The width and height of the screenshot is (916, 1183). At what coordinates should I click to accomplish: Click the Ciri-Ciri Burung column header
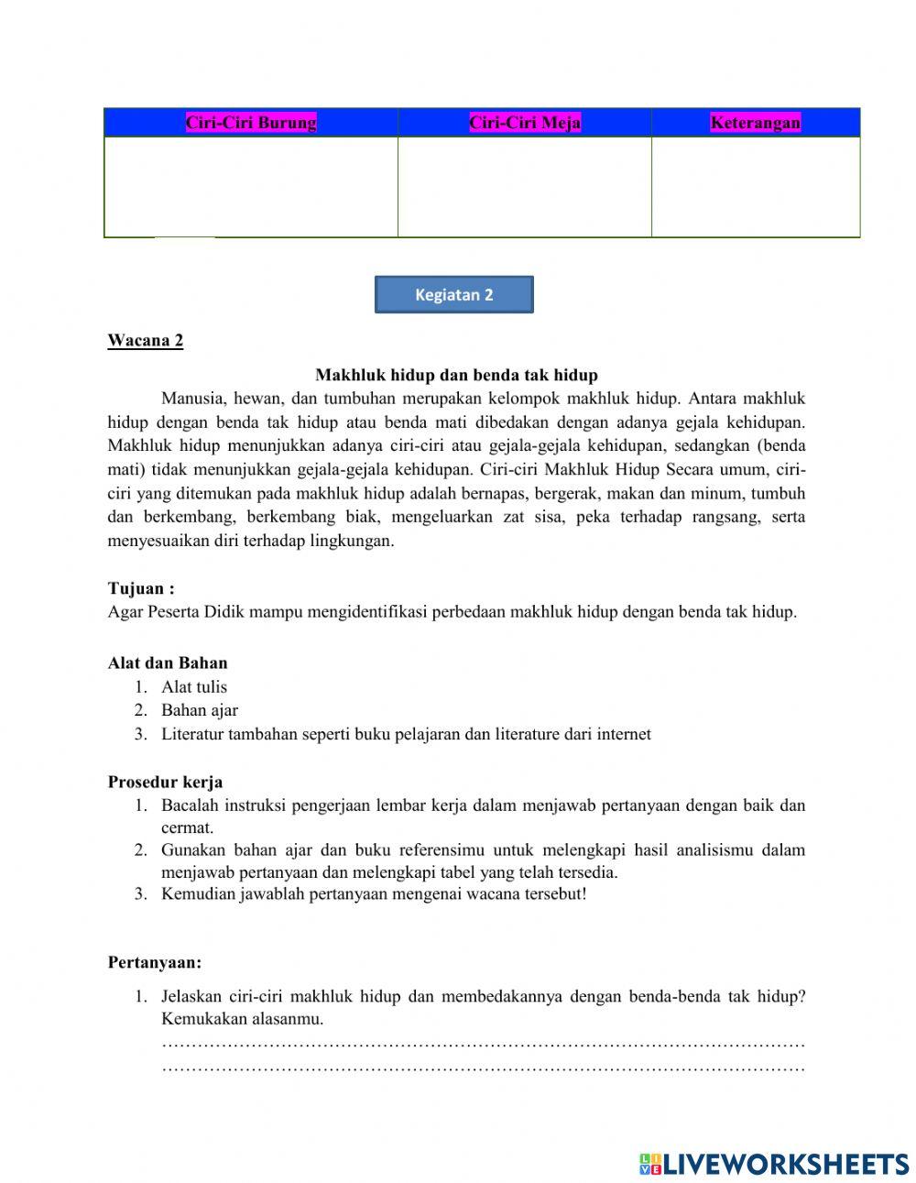coord(251,123)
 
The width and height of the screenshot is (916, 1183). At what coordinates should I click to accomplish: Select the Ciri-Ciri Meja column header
coord(525,123)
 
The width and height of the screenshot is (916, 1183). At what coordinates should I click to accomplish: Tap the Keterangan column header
coord(755,123)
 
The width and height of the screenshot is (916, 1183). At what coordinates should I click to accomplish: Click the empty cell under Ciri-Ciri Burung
coord(251,187)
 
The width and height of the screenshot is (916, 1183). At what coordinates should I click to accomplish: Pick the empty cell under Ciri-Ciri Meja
coord(525,187)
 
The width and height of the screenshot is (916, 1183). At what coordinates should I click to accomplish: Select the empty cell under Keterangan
coord(756,187)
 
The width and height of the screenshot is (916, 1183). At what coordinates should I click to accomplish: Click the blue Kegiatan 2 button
coord(453,295)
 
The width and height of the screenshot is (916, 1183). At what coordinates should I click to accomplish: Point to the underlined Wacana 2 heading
coord(146,341)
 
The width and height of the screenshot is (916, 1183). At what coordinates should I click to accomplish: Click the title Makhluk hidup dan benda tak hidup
coord(456,375)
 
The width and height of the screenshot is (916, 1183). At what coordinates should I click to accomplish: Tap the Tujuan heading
coord(141,588)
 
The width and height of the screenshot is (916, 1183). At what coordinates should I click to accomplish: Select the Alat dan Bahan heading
coord(168,663)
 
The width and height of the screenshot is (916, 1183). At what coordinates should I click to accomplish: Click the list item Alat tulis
coord(194,686)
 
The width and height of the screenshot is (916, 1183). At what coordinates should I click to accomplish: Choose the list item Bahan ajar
coord(200,709)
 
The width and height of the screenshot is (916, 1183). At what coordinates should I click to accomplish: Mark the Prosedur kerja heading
coord(165,782)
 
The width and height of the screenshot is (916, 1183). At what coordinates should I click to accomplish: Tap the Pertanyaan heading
coord(155,962)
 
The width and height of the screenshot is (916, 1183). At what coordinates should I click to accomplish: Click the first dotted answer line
coord(483,1044)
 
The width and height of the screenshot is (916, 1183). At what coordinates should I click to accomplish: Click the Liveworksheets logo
coord(773,1164)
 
